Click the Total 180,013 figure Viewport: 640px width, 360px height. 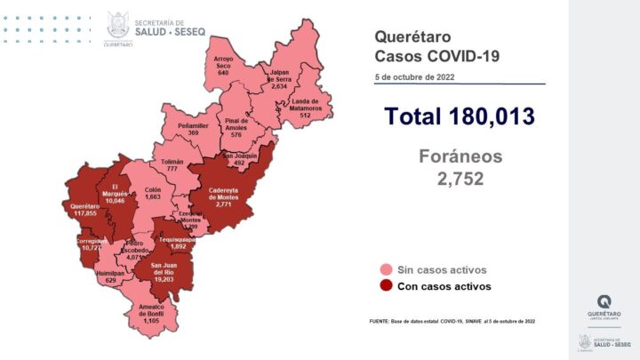click(x=459, y=116)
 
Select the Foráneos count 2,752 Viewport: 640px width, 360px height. click(x=461, y=178)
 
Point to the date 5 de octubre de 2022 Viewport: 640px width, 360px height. click(x=414, y=78)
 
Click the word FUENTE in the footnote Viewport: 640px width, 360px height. click(x=382, y=321)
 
